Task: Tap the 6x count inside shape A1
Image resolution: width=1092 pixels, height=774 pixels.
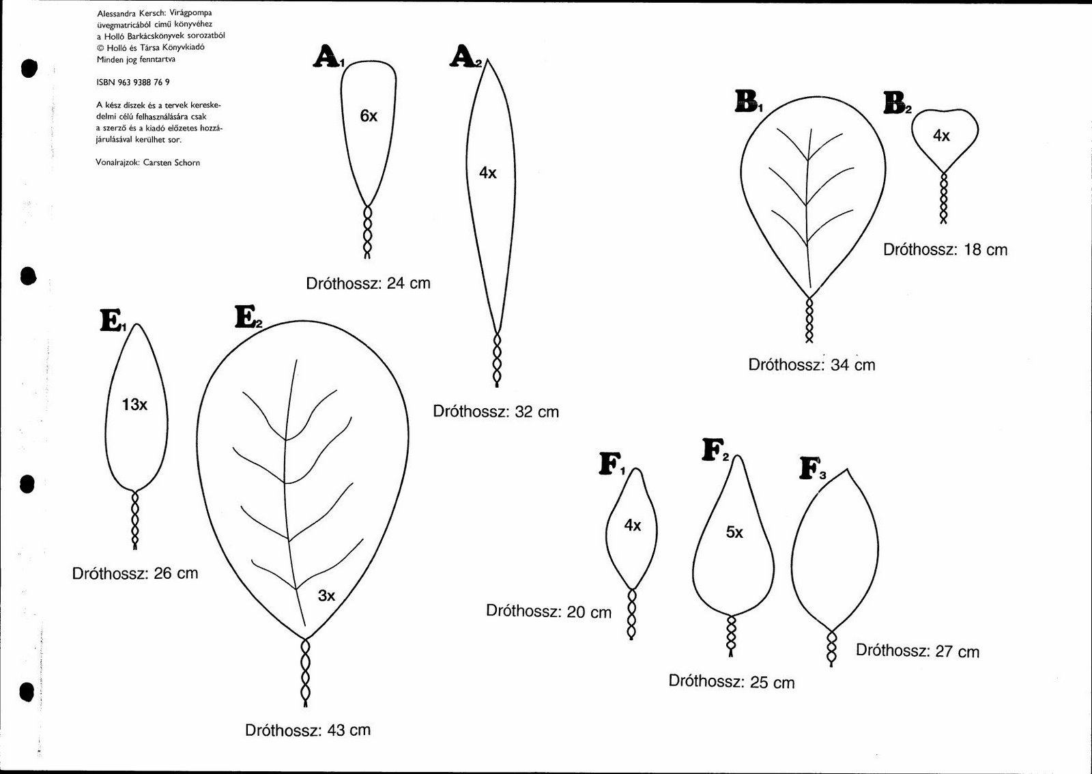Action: pos(369,116)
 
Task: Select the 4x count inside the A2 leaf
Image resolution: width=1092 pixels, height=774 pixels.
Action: pos(487,173)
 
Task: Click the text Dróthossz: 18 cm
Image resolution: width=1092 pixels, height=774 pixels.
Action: pos(945,250)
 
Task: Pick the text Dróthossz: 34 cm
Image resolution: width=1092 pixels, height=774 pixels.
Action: pos(811,364)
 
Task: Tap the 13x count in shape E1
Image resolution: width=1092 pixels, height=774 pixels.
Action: pos(134,404)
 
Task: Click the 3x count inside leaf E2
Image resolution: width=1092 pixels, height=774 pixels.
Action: pos(327,595)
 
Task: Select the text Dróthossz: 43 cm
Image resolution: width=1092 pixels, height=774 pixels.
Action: pos(308,730)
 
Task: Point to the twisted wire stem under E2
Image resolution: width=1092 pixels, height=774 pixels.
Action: pos(305,672)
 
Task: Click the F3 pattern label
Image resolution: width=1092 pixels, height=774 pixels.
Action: pos(813,469)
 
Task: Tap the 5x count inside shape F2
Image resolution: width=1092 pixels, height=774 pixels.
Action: pos(734,532)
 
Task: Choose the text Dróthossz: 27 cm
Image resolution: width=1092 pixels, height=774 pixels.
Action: pos(917,651)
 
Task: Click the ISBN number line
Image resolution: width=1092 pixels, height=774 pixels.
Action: pos(133,83)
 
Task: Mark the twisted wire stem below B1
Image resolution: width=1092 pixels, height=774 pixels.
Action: pos(809,320)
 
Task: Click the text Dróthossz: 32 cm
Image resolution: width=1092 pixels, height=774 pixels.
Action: pos(495,412)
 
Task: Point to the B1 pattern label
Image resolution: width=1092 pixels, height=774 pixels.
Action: pos(749,102)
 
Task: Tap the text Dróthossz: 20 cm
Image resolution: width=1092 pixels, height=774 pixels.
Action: pos(549,611)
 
